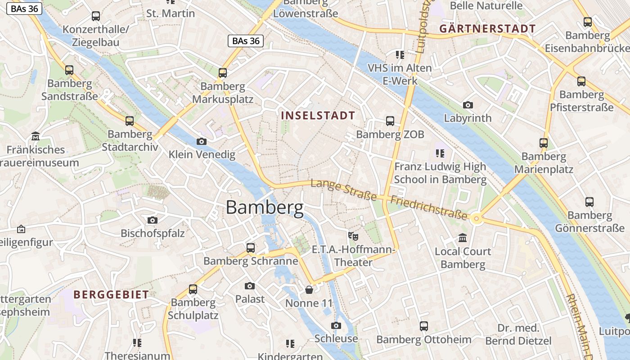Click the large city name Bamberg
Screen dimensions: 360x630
[x=265, y=207]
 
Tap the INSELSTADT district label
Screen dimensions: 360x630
[x=318, y=116]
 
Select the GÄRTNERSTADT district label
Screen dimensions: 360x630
[x=487, y=29]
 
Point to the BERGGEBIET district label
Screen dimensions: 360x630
[x=111, y=295]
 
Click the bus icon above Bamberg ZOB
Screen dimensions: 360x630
[x=390, y=121]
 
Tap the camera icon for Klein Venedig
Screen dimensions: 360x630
[x=202, y=142]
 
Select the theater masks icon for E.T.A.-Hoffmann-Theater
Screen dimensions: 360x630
[x=353, y=235]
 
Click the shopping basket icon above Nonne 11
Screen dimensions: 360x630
[x=309, y=289]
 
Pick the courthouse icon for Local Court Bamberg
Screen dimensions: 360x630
[x=463, y=238]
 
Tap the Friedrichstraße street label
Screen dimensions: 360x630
[x=428, y=207]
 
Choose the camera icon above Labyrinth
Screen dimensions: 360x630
[x=468, y=105]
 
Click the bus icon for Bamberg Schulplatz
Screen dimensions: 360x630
[x=193, y=289]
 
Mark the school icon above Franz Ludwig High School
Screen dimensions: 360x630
[x=440, y=153]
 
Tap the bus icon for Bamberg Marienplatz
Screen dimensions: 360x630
[x=544, y=143]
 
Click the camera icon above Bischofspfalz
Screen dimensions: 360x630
[x=153, y=220]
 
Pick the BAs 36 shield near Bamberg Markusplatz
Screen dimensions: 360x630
[x=245, y=41]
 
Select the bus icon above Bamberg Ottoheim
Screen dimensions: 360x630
[x=424, y=326]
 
